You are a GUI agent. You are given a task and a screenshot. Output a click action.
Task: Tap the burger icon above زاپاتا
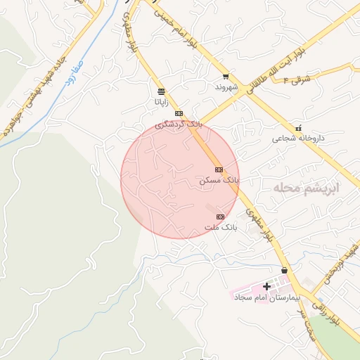click(161, 91)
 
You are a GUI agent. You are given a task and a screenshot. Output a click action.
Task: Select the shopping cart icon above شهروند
click(225, 77)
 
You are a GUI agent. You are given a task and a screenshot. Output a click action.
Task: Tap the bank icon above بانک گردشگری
click(179, 113)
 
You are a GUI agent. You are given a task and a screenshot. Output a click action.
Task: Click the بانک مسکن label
click(219, 181)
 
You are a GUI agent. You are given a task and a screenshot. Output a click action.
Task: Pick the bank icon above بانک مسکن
click(219, 169)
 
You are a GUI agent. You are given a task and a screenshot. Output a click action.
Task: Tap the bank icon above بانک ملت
click(220, 217)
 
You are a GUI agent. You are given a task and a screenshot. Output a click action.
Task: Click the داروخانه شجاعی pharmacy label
click(298, 139)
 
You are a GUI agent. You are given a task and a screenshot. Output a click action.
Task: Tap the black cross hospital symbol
click(266, 286)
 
